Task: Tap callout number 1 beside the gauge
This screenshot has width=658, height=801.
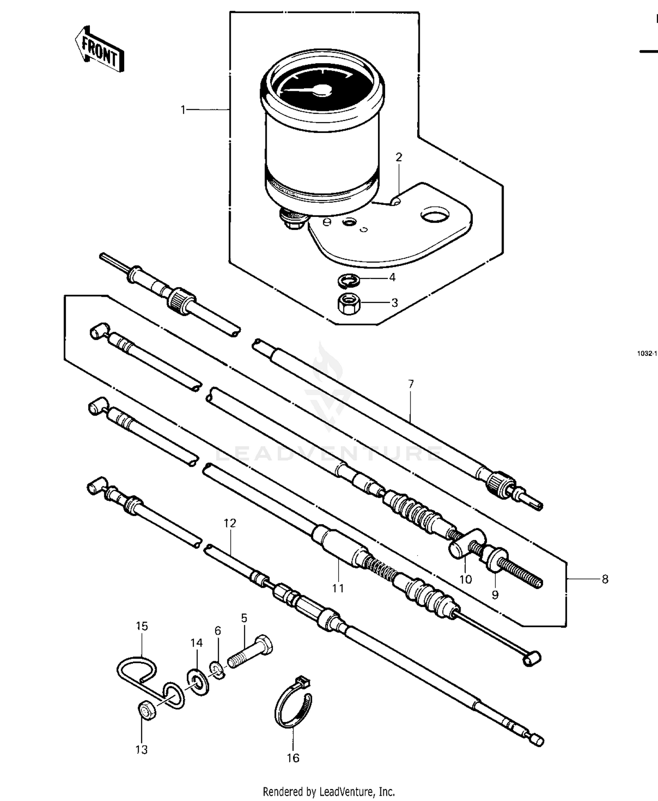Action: coord(183,110)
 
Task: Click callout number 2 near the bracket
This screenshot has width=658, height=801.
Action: coord(399,157)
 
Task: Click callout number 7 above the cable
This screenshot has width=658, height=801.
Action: coord(411,384)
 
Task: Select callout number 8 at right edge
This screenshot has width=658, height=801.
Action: coord(605,579)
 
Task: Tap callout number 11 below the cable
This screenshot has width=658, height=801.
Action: coord(338,588)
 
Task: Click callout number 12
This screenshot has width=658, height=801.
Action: coord(230,523)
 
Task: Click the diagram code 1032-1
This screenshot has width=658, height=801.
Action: coord(647,353)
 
